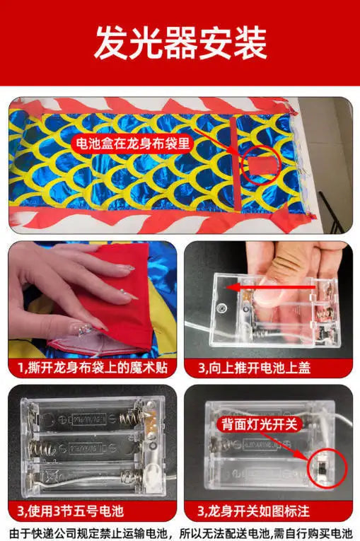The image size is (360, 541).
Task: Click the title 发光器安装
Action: click(180, 43)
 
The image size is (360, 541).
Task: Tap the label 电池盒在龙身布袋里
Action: click(132, 143)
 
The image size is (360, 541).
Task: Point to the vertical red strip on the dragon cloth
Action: click(236, 163)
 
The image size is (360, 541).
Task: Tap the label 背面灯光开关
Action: click(259, 424)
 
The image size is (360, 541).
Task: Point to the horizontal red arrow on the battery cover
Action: click(271, 287)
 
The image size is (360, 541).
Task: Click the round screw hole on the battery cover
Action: click(221, 308)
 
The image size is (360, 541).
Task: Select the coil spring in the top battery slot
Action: click(129, 419)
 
